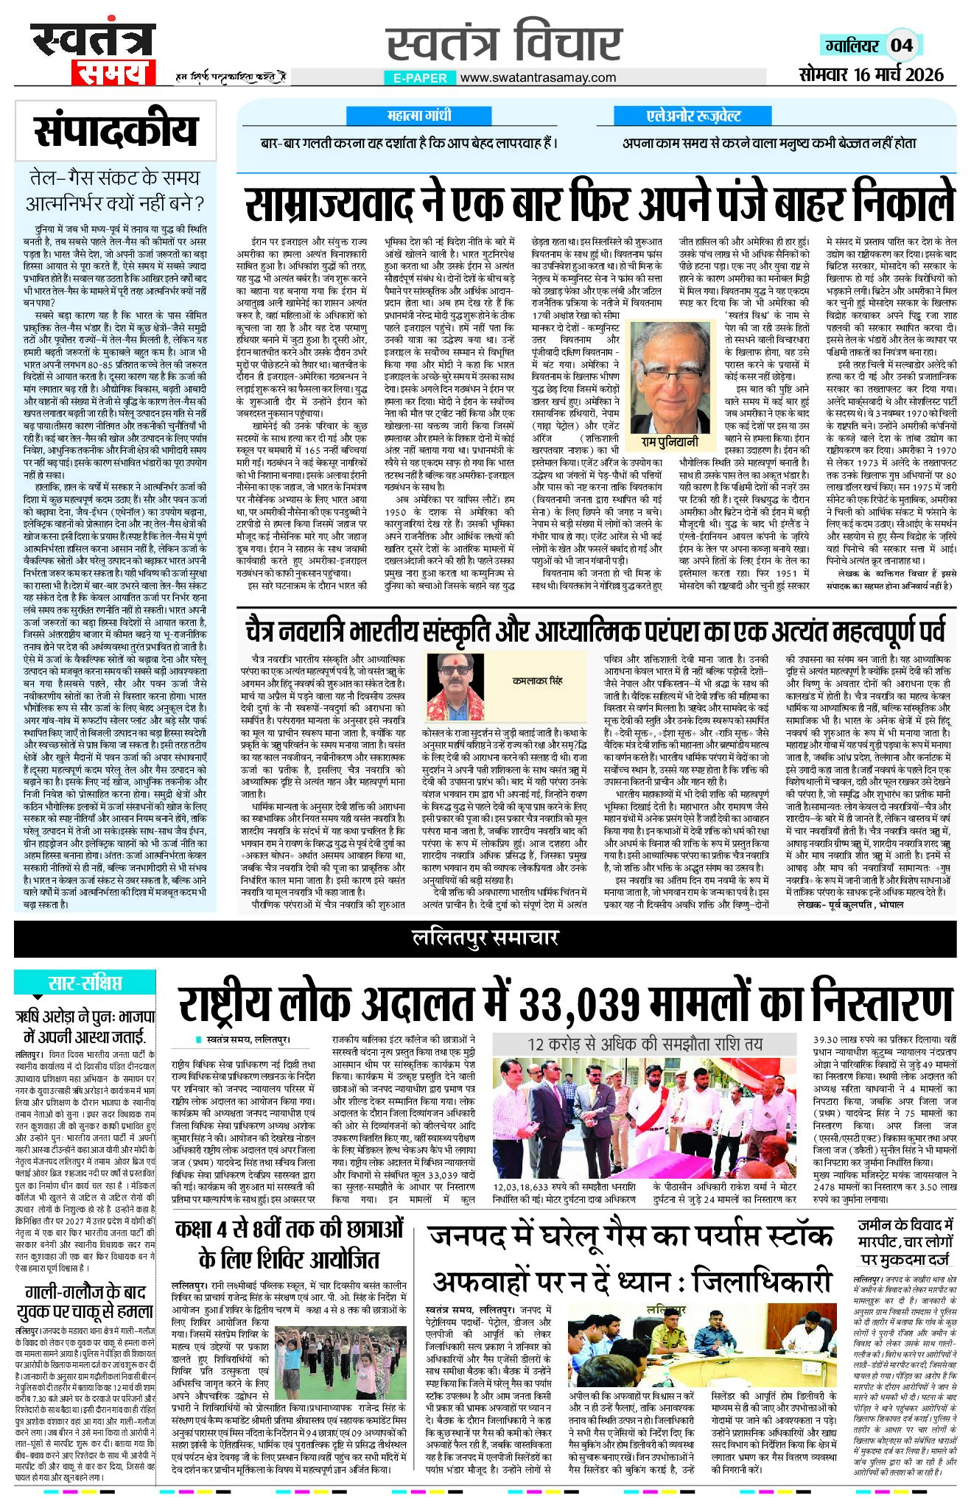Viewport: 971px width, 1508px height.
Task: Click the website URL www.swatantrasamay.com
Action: pyautogui.click(x=538, y=77)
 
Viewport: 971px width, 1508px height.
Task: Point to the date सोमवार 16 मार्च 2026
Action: pyautogui.click(x=871, y=74)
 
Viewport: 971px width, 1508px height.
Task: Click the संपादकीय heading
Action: pyautogui.click(x=116, y=131)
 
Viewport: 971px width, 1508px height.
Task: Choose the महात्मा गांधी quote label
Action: pyautogui.click(x=418, y=116)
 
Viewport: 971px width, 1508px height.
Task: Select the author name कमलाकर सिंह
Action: pyautogui.click(x=538, y=681)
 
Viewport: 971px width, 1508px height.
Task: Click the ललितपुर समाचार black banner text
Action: pyautogui.click(x=485, y=938)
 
